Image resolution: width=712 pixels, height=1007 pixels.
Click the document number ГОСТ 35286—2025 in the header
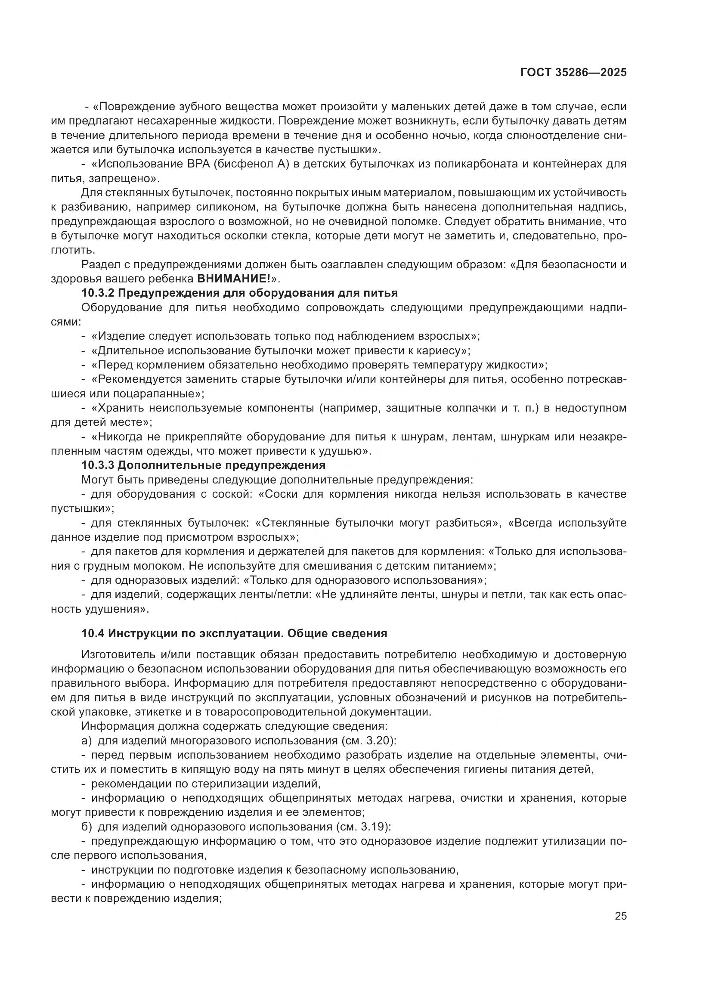pyautogui.click(x=573, y=73)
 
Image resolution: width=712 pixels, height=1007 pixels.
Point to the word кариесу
pyautogui.click(x=439, y=350)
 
